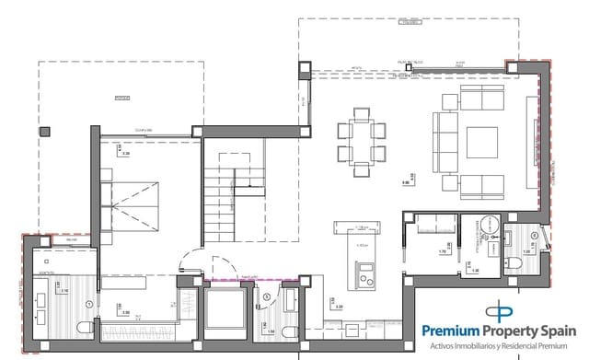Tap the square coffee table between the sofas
(x=480, y=144)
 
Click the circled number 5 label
(x=267, y=296)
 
